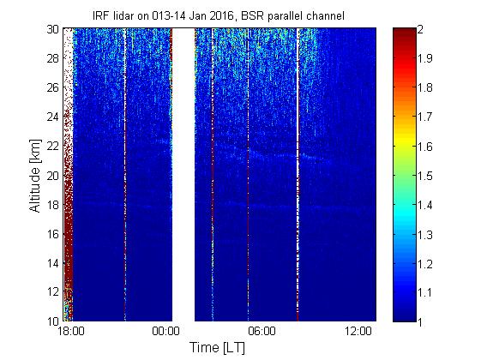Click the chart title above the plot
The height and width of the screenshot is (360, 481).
(219, 15)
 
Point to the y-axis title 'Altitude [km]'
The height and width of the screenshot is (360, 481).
(35, 176)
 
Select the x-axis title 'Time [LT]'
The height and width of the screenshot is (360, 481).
(217, 347)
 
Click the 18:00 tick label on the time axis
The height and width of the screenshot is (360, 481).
(71, 332)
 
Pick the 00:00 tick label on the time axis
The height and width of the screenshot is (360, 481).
(166, 332)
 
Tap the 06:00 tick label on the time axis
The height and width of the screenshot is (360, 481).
(262, 332)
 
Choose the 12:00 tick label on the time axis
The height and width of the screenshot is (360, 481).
(358, 332)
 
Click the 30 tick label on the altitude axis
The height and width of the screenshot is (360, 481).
(53, 29)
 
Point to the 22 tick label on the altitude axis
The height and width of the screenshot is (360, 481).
(53, 146)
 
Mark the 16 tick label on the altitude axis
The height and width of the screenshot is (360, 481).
(53, 234)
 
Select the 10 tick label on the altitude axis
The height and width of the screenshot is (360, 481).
(53, 321)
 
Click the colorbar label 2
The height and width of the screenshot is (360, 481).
(420, 29)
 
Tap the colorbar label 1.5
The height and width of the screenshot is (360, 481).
(424, 176)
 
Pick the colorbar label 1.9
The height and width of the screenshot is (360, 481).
(424, 58)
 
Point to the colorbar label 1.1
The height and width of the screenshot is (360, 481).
(424, 292)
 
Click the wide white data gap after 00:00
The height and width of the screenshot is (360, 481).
(183, 175)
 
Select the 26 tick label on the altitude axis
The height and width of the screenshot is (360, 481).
(53, 87)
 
